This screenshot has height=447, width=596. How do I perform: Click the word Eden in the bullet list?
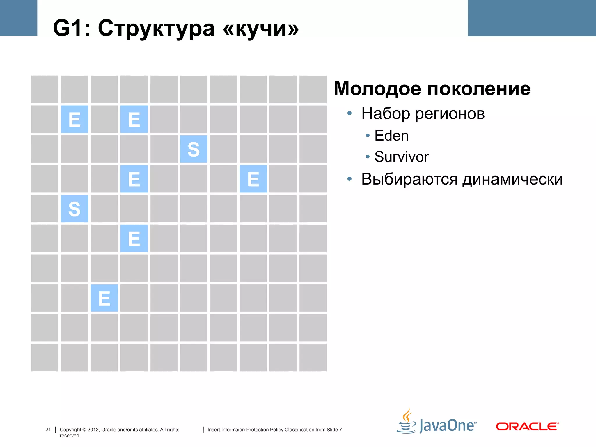[x=391, y=136]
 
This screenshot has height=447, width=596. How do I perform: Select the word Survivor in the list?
[x=401, y=157]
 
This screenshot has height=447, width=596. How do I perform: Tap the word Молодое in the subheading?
[x=377, y=88]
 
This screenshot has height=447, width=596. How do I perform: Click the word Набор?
[x=386, y=113]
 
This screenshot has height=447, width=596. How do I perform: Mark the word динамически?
[x=512, y=179]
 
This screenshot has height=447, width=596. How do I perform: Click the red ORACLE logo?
[x=527, y=426]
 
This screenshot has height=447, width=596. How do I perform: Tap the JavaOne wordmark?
[x=448, y=426]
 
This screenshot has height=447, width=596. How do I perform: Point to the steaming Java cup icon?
[x=407, y=421]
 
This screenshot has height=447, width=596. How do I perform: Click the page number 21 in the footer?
[x=48, y=430]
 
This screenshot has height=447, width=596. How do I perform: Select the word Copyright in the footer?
[x=70, y=430]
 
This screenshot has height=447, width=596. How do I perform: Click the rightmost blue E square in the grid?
[x=253, y=179]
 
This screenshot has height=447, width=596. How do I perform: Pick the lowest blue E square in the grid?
[x=104, y=298]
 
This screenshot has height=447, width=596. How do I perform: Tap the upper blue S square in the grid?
[x=194, y=149]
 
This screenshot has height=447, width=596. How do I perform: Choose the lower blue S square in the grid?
[x=74, y=209]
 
